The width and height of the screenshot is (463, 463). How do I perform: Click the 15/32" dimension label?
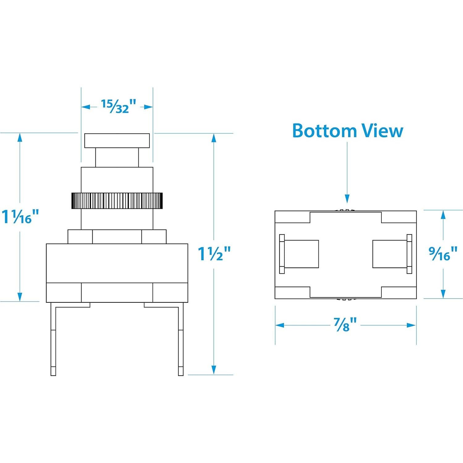click(x=119, y=107)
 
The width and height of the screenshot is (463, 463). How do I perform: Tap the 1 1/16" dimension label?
click(x=20, y=217)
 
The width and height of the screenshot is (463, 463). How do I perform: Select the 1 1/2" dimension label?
click(x=214, y=254)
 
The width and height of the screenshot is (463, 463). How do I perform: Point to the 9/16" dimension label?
click(x=443, y=254)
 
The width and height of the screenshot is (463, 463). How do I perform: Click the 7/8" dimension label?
click(x=345, y=325)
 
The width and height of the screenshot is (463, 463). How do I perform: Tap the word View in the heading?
click(x=383, y=131)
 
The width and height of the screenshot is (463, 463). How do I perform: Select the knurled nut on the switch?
click(x=117, y=201)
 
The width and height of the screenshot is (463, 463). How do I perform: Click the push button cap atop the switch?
click(x=117, y=141)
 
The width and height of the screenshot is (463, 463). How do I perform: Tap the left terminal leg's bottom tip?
click(x=53, y=375)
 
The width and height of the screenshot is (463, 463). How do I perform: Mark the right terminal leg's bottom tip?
click(x=181, y=375)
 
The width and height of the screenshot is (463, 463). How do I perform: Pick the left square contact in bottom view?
click(x=301, y=254)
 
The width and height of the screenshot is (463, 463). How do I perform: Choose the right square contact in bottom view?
click(x=390, y=254)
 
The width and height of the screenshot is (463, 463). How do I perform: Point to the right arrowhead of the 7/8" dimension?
click(x=412, y=325)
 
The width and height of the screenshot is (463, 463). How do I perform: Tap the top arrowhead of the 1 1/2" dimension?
click(x=213, y=138)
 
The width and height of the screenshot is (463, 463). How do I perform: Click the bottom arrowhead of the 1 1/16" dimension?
click(x=20, y=297)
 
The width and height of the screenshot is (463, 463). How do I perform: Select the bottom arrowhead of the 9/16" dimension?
click(x=443, y=294)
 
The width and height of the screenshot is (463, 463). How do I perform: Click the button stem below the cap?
click(x=117, y=158)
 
